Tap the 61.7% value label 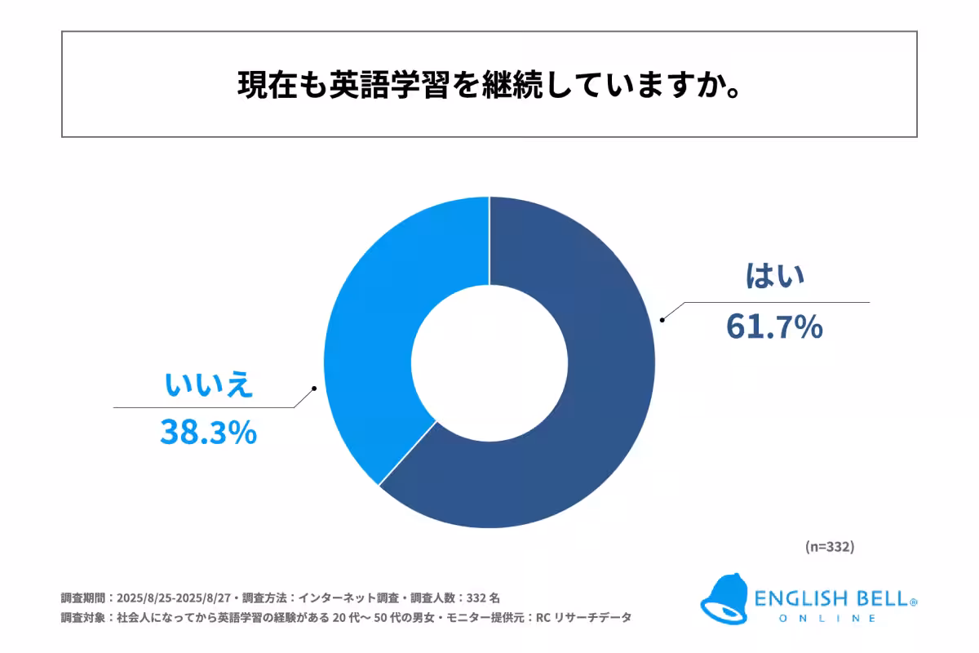[x=773, y=327]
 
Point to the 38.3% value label [x=208, y=433]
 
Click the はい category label [x=775, y=278]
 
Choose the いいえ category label [x=209, y=384]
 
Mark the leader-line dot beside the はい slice [x=662, y=320]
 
